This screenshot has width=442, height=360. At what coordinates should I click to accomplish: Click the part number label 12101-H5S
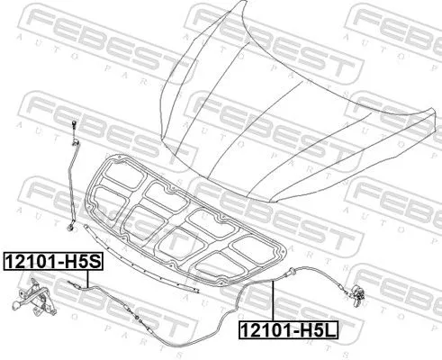coord(53,263)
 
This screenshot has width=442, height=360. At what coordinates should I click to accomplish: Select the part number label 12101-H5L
coord(287,330)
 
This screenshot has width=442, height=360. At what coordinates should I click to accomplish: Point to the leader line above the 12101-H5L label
coord(273,301)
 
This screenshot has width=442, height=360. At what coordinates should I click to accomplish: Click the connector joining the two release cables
coord(136,315)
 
